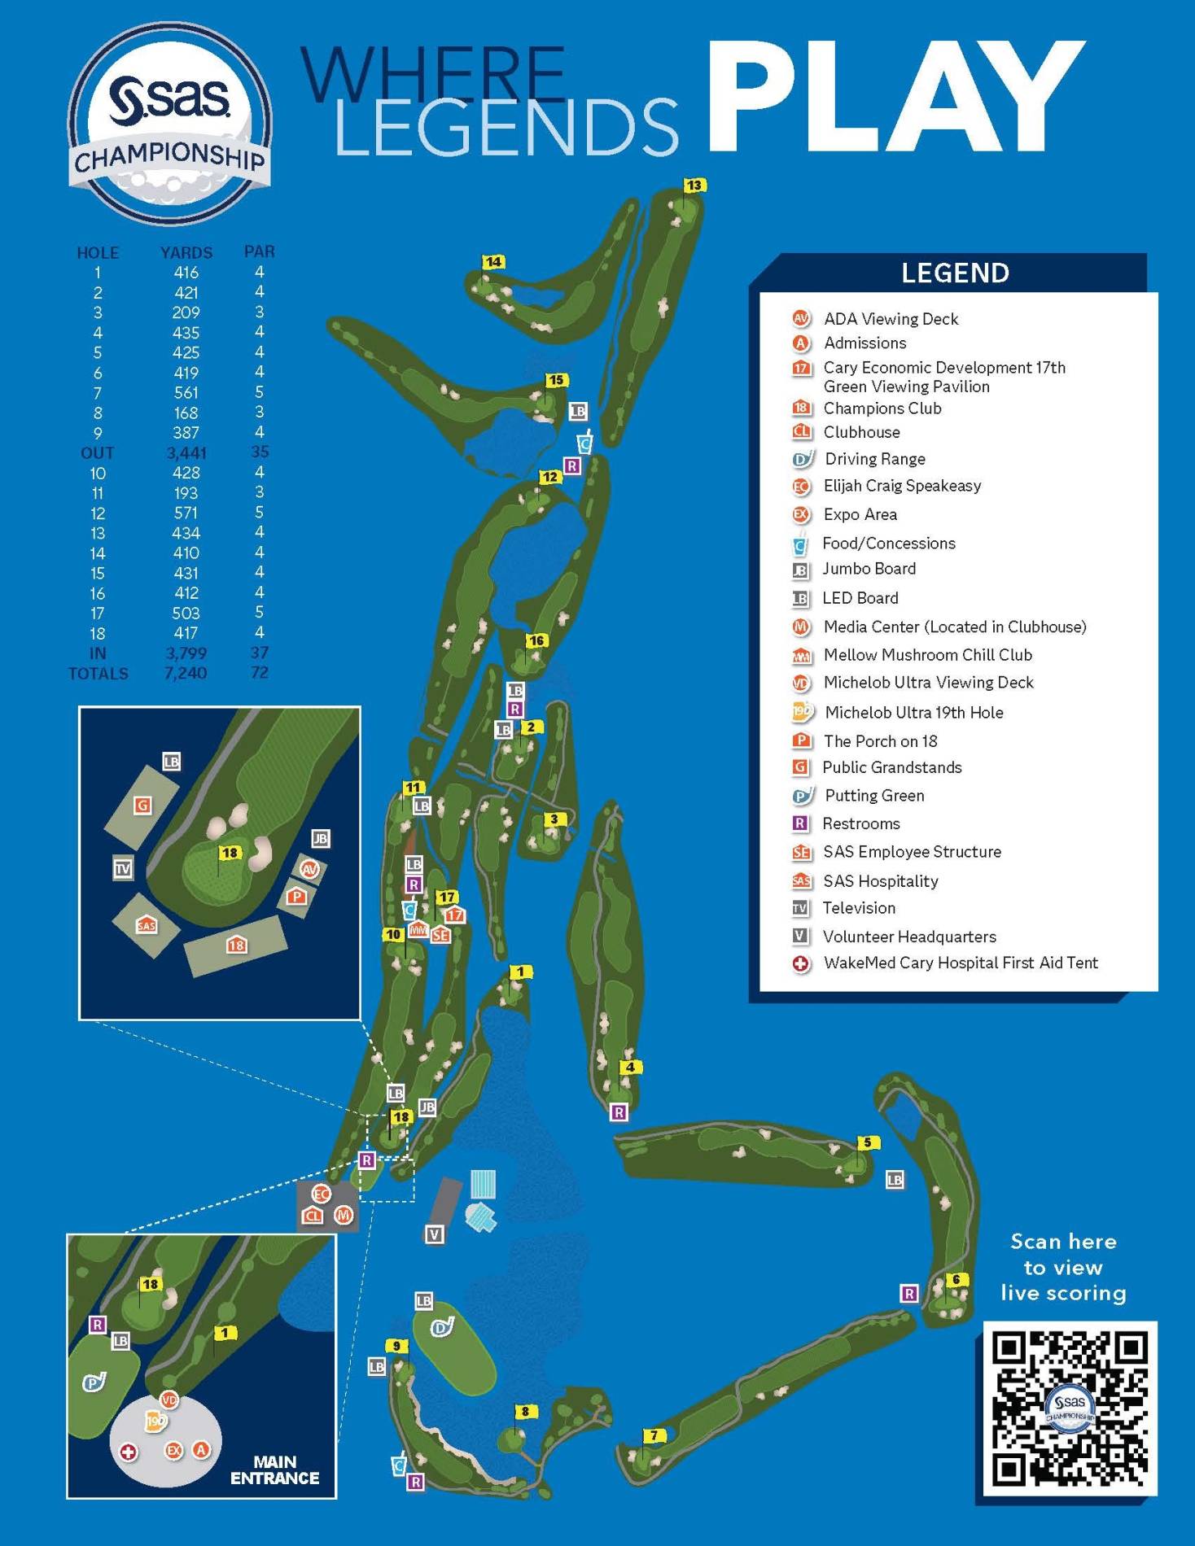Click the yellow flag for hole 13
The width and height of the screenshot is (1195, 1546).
click(694, 186)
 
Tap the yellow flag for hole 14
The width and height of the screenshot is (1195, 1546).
click(493, 262)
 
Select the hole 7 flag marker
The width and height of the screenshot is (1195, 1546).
click(654, 1435)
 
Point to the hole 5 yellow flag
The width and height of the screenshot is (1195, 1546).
click(868, 1142)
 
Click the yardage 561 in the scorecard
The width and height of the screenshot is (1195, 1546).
click(186, 393)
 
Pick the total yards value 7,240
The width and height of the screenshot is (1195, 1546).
click(186, 673)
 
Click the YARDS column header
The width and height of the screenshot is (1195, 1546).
click(186, 252)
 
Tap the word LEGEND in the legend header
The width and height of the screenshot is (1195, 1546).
click(955, 273)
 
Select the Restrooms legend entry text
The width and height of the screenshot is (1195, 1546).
click(860, 823)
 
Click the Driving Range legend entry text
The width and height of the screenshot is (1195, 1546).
click(874, 459)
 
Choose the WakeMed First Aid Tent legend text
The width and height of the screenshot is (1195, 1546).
click(960, 963)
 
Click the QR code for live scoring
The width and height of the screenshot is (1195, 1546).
click(1070, 1408)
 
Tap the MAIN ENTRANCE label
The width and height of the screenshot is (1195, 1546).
click(274, 1470)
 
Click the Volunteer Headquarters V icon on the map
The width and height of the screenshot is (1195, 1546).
click(435, 1234)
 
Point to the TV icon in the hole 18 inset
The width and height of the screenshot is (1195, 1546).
click(123, 868)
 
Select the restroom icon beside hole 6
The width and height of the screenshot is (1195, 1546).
click(908, 1293)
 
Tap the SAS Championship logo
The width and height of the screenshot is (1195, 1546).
click(169, 124)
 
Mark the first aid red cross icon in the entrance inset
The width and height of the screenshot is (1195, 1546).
click(128, 1452)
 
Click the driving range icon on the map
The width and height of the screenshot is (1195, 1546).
click(442, 1328)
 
